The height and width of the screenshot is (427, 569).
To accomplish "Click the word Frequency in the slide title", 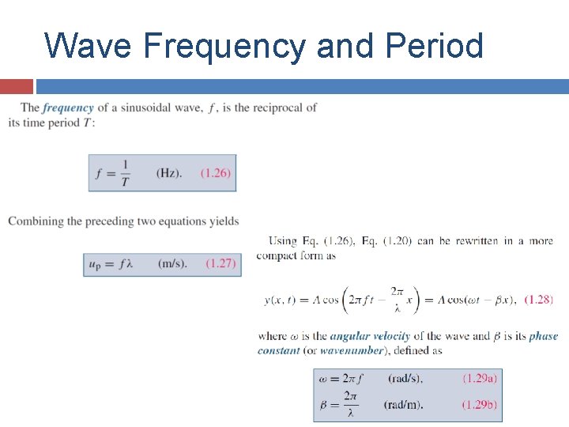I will [224, 46].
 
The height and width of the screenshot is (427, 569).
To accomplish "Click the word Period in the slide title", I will [434, 46].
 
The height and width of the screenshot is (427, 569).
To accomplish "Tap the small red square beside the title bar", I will [16, 86].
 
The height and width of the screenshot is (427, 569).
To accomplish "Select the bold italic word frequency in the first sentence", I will [68, 108].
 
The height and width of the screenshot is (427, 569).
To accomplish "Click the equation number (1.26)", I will [216, 172].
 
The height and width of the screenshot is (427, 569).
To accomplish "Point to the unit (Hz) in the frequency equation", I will [168, 172].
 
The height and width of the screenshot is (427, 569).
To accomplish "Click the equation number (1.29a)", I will [480, 378].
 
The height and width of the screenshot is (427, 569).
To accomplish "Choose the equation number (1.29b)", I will [480, 405].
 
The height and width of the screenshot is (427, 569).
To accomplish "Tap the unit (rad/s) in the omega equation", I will [405, 378].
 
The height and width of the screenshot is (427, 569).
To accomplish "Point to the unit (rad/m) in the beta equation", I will [404, 405].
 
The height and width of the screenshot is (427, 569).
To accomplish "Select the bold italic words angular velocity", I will [369, 336].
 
